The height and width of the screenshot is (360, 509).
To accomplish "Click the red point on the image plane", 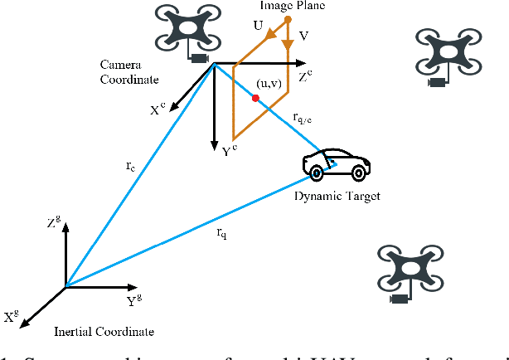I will tap(255, 98).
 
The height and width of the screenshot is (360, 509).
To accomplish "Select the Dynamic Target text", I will tap(337, 195).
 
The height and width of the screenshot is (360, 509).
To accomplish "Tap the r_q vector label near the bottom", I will tap(222, 233).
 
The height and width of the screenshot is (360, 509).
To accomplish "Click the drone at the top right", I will tap(448, 57).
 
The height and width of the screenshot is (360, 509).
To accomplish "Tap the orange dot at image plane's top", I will tap(287, 18).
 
